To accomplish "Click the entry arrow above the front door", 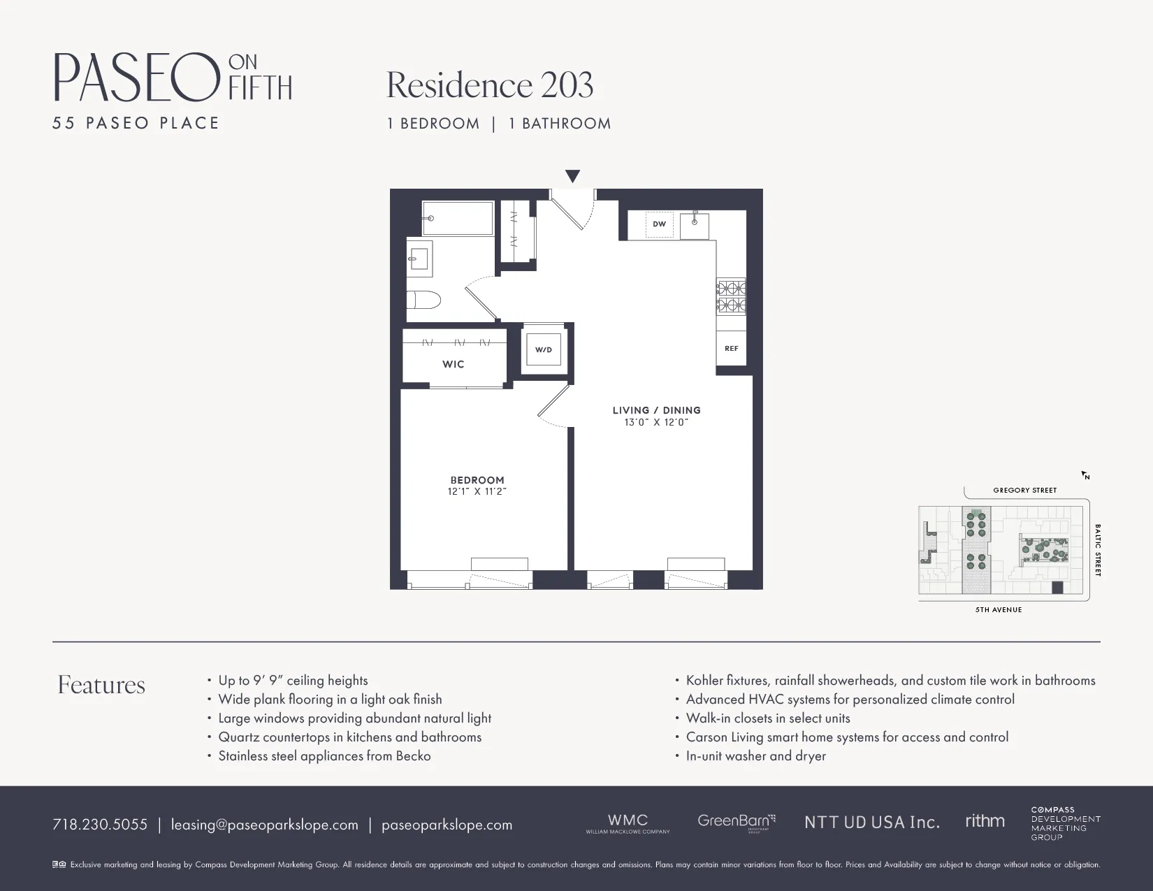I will (572, 176).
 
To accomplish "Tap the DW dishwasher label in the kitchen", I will (659, 224).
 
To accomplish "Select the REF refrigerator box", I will (731, 348).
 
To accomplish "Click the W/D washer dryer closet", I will (544, 349).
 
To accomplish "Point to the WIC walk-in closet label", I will (454, 364).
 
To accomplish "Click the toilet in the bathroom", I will (424, 300).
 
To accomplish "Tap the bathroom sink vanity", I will (419, 259).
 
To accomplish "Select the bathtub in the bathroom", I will (458, 218).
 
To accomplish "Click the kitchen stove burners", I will (731, 296).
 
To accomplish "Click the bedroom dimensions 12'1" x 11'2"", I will (477, 491).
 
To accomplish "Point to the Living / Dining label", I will (656, 410).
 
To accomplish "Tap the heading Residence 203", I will (490, 85).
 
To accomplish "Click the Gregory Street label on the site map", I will (1024, 490).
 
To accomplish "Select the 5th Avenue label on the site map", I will (999, 609).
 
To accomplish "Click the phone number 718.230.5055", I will (100, 825).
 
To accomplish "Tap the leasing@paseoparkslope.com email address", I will (265, 825).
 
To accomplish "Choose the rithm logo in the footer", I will (985, 821).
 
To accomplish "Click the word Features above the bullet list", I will (101, 685).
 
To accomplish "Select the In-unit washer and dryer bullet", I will (755, 755).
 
